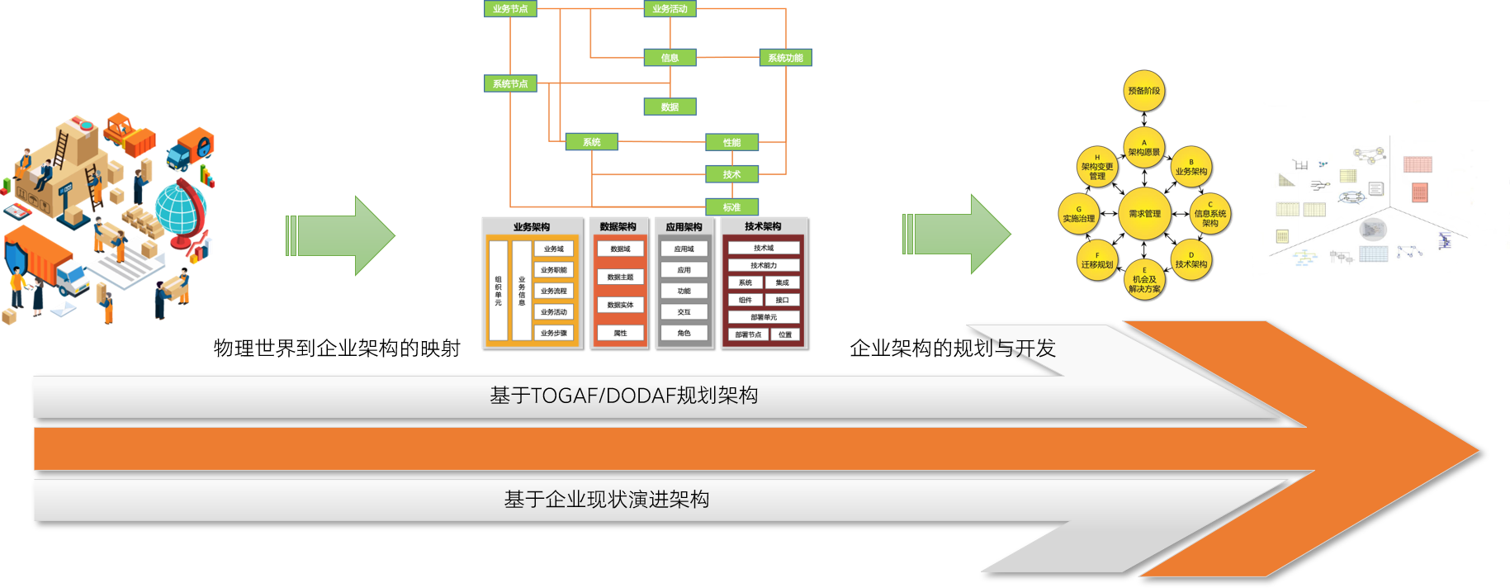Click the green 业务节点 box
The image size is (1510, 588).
510,9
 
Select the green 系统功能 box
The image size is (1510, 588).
785,58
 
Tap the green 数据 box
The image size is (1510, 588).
670,107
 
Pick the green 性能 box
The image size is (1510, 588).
731,142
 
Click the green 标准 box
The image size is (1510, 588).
731,206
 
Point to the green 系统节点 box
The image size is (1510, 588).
510,83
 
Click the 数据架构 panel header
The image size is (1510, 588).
618,226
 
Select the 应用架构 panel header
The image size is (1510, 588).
684,226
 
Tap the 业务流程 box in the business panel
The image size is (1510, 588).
554,291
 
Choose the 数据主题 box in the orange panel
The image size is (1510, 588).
620,277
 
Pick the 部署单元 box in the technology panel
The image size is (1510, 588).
764,317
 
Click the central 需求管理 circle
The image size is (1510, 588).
1144,214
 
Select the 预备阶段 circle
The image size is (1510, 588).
1144,91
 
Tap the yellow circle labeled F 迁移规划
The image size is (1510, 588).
1097,260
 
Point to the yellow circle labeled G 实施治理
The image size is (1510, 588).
1079,214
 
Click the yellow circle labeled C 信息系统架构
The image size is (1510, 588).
1210,214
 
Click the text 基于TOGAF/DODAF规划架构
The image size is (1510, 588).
624,396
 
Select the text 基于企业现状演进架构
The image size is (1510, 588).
607,500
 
